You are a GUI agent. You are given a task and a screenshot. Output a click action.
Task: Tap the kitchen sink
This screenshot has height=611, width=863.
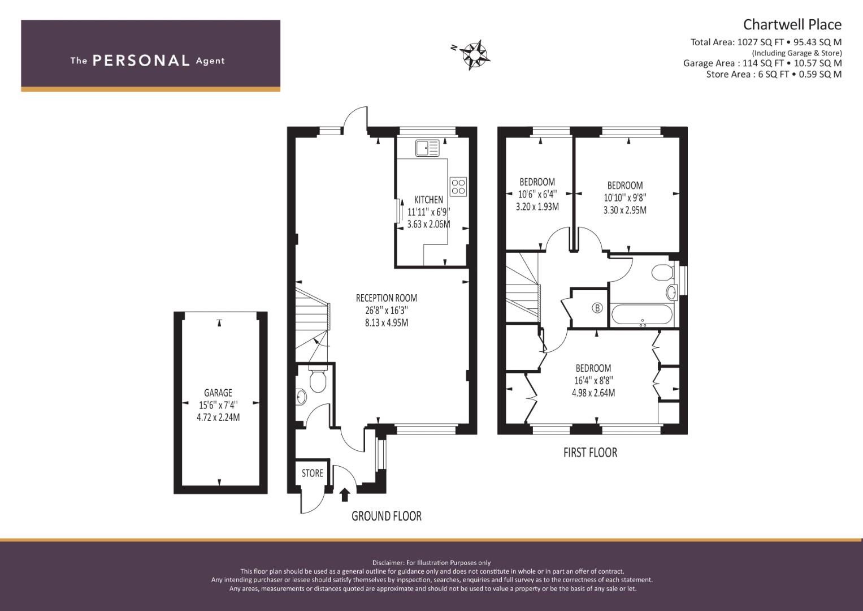pyautogui.click(x=427, y=148)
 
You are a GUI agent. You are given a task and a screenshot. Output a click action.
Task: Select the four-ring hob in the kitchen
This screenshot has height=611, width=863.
pyautogui.click(x=458, y=186)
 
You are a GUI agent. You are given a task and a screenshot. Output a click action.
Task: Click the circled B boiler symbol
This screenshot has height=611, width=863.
pyautogui.click(x=597, y=308)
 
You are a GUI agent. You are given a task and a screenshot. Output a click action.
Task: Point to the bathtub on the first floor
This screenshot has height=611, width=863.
pyautogui.click(x=642, y=315)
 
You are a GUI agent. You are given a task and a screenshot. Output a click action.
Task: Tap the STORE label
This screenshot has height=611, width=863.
pyautogui.click(x=312, y=474)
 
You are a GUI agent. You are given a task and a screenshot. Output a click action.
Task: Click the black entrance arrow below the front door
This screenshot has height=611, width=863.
pyautogui.click(x=345, y=495)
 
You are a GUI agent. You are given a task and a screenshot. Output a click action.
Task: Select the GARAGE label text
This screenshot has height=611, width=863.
pyautogui.click(x=218, y=393)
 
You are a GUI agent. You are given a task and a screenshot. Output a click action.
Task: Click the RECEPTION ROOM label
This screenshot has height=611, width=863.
pyautogui.click(x=387, y=298)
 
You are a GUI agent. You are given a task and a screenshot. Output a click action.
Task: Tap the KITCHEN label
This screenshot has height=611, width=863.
pyautogui.click(x=428, y=200)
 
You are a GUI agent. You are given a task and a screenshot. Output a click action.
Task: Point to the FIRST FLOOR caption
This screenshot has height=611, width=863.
pyautogui.click(x=590, y=453)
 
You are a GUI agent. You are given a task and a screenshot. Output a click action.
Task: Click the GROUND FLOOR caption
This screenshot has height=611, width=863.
pyautogui.click(x=387, y=516)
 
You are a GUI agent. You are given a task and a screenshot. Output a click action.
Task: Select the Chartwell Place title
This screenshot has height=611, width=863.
pyautogui.click(x=792, y=25)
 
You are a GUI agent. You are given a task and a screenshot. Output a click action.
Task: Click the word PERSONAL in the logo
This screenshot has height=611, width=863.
pyautogui.click(x=141, y=61)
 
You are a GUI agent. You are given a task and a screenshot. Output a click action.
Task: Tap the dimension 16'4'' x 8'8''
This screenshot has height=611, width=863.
pyautogui.click(x=593, y=380)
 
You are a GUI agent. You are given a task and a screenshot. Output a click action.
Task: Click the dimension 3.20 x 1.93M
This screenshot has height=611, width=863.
pyautogui.click(x=537, y=206)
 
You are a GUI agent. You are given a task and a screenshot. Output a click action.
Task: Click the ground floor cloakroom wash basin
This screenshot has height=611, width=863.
pyautogui.click(x=302, y=397)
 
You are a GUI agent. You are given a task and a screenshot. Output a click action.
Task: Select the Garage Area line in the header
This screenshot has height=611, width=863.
pyautogui.click(x=762, y=63)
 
